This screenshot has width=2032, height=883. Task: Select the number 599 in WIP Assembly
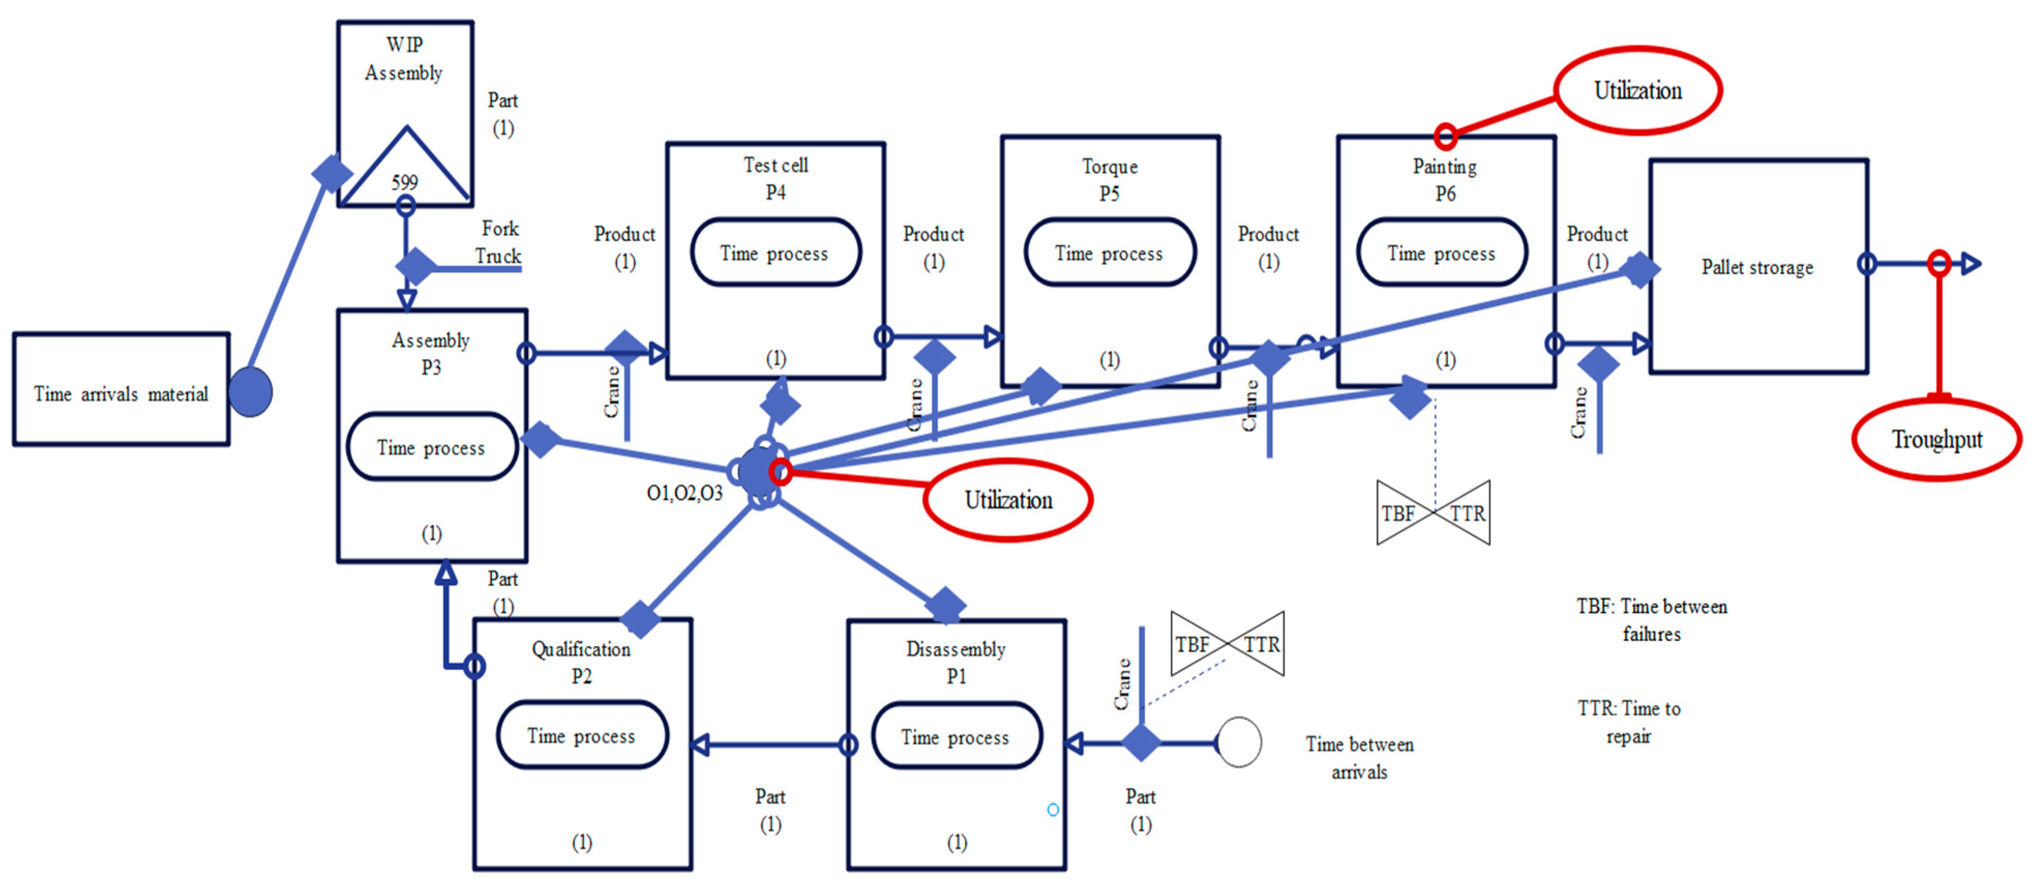405,182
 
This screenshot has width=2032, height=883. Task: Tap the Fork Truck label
499,242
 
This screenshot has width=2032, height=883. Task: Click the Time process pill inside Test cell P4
774,253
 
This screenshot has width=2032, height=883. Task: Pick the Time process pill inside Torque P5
1109,253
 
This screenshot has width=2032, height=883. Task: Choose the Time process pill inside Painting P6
1441,253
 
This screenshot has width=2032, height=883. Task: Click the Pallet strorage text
1757,267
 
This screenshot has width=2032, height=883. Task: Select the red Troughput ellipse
1936,440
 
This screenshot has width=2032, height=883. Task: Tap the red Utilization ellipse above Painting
1638,90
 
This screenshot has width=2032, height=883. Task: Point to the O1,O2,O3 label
684,493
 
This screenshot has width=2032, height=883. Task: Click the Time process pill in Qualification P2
581,736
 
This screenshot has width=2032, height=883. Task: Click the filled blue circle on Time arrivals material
251,392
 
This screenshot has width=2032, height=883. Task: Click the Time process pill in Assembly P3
431,447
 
